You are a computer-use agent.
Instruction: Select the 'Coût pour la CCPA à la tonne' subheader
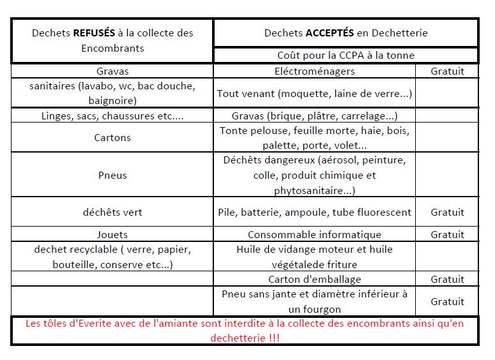346,56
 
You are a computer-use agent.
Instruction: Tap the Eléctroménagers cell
314,71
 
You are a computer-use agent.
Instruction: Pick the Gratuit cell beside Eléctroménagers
447,71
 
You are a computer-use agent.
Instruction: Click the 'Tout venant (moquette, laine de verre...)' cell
314,93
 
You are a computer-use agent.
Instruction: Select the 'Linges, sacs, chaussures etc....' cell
112,116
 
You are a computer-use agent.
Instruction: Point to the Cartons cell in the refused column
112,137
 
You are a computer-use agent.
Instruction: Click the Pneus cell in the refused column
112,175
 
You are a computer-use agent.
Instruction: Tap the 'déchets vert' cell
112,212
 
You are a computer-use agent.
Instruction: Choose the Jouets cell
112,234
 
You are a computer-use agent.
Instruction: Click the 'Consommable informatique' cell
314,234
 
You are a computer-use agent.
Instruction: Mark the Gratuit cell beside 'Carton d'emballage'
447,279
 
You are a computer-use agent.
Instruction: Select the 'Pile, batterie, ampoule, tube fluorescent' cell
314,212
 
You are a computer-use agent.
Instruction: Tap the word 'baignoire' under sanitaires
112,100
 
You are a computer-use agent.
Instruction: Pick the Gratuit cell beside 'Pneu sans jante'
447,301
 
